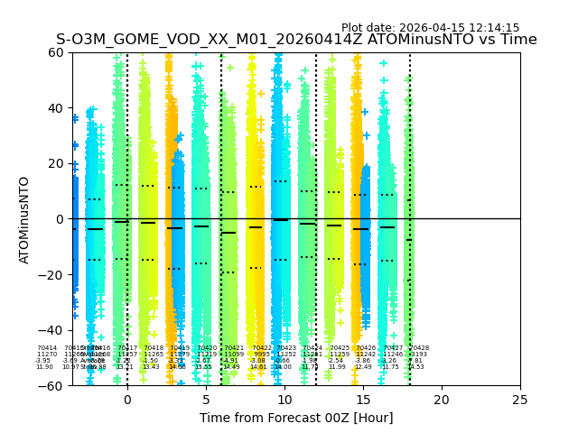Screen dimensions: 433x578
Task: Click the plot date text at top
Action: click(430, 28)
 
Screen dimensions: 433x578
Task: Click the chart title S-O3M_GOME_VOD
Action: click(296, 40)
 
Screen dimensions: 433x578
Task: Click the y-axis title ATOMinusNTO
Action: click(24, 219)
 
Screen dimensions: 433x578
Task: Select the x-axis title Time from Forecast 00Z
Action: click(296, 418)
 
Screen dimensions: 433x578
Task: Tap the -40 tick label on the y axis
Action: click(54, 330)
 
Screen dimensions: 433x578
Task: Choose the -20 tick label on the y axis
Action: click(54, 274)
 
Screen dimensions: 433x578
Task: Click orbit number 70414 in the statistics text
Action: click(47, 348)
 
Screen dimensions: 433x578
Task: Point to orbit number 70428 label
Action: click(419, 348)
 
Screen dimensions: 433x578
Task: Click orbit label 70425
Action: click(340, 348)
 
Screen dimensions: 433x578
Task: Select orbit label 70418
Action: click(154, 348)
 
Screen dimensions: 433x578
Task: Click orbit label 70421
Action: click(234, 348)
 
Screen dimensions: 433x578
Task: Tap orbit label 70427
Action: click(393, 348)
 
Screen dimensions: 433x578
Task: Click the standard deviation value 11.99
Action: click(337, 367)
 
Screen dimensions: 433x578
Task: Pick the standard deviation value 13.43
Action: click(151, 367)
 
